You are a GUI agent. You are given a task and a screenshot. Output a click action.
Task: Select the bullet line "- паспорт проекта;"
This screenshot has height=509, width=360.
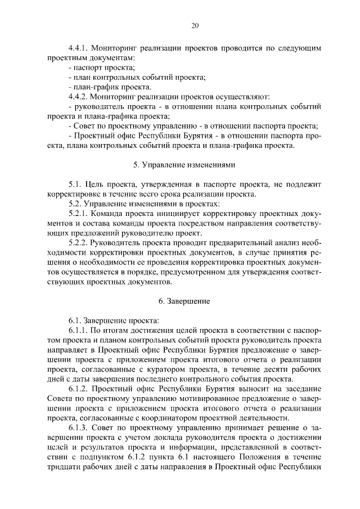pos(97,67)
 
